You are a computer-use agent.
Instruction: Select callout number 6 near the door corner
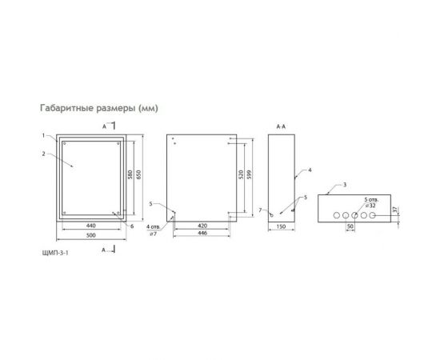coord(131,226)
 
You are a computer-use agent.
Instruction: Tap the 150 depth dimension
coord(280,226)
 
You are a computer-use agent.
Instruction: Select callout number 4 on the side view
coord(309,170)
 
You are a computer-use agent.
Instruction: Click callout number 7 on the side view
coord(262,210)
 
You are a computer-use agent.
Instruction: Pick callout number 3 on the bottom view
coord(345,185)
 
